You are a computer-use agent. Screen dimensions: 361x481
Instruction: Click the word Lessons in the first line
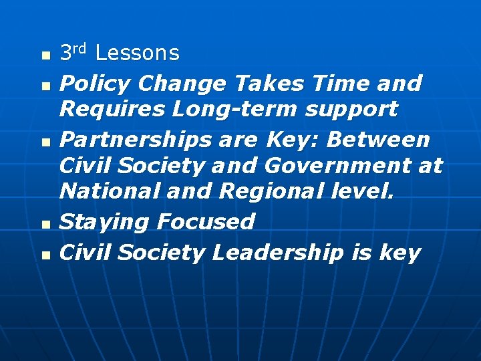tap(138, 53)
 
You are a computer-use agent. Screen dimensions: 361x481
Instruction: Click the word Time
tap(338, 84)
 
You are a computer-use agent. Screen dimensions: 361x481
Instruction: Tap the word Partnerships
tap(124, 140)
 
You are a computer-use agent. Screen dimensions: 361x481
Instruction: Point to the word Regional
tap(269, 191)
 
